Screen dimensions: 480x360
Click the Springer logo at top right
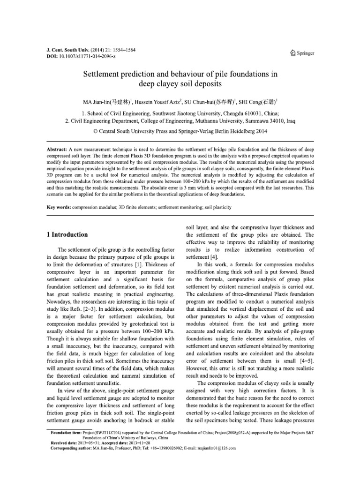coord(301,53)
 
